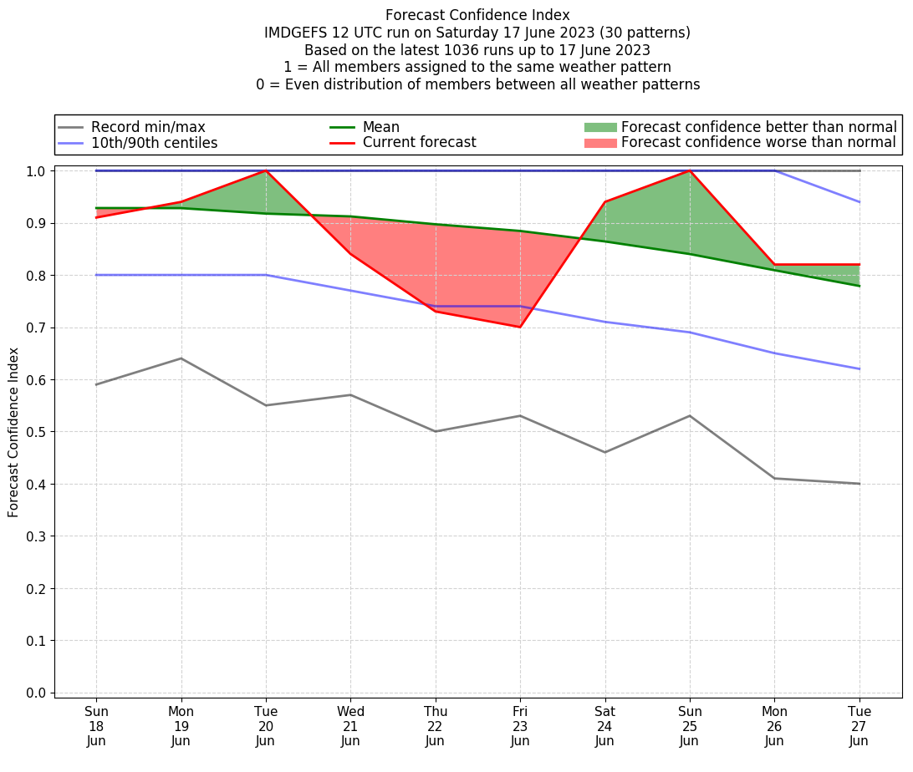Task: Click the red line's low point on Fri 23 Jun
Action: [520, 327]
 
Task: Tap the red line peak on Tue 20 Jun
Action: [266, 170]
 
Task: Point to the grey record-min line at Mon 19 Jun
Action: [181, 358]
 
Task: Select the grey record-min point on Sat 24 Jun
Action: [604, 452]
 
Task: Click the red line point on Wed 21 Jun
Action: [350, 254]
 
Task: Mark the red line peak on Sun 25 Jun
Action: [690, 170]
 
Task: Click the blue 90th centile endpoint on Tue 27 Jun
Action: [859, 202]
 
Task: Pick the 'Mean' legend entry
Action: [380, 127]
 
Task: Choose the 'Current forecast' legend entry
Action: [419, 143]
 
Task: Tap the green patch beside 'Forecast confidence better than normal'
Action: [599, 127]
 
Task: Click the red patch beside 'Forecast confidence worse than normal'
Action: [599, 143]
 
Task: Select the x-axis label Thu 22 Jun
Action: [435, 726]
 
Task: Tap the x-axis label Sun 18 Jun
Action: [96, 726]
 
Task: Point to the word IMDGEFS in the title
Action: [298, 33]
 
